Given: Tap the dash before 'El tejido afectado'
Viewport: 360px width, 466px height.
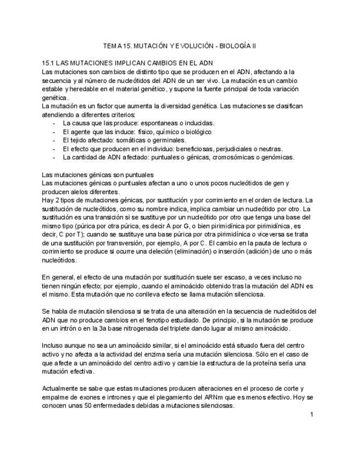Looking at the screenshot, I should click(x=53, y=140).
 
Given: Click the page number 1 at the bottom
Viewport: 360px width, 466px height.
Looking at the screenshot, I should click(x=311, y=414).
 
